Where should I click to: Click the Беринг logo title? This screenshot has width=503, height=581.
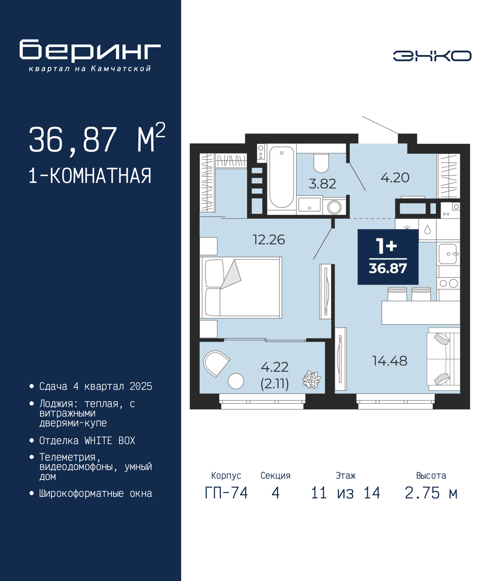(90, 51)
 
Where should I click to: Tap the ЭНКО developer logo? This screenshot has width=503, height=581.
(432, 56)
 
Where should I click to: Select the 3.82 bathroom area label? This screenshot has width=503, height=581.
(322, 184)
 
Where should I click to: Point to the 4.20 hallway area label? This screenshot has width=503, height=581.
(395, 178)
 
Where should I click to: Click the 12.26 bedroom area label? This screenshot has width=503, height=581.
(269, 240)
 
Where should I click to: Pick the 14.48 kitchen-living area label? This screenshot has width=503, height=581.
(389, 361)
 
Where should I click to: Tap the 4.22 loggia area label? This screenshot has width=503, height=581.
(275, 367)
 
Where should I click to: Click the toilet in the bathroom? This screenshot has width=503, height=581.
(321, 163)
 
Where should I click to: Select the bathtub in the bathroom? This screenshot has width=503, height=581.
(281, 177)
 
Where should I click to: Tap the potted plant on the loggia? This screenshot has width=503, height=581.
(312, 380)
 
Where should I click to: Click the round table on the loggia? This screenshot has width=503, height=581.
(236, 381)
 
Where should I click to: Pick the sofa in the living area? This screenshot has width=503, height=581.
(443, 359)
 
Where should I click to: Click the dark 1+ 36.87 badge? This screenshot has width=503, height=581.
(388, 257)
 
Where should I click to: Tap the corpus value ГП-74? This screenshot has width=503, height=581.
(226, 493)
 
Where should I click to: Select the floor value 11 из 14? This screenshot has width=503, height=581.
(345, 493)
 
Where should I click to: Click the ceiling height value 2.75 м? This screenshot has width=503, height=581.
(431, 493)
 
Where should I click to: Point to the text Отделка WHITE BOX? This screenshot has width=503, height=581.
(87, 441)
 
